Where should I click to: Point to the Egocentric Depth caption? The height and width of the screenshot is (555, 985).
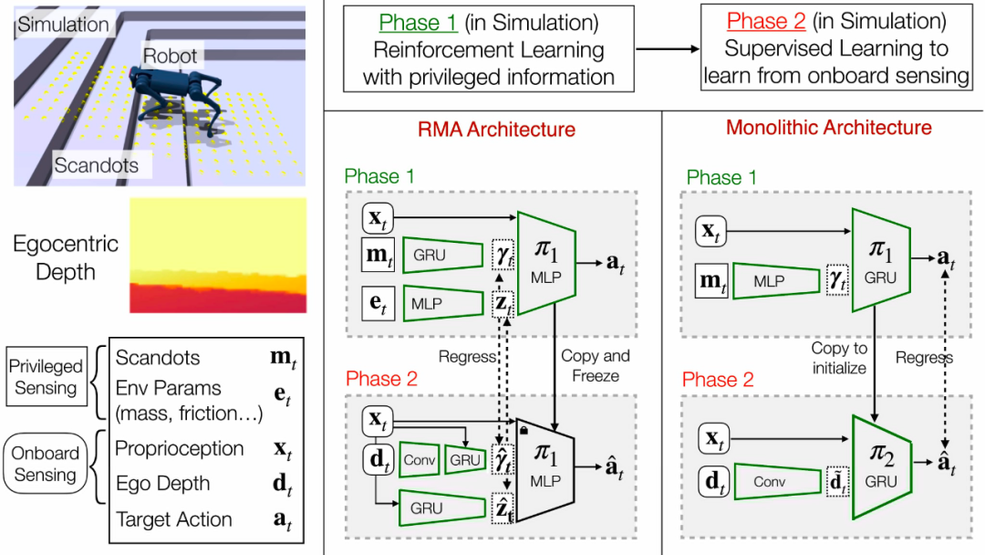pyautogui.click(x=66, y=257)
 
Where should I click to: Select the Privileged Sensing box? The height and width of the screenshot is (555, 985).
pyautogui.click(x=46, y=377)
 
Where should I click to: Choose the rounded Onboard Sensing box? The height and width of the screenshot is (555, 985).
pyautogui.click(x=45, y=464)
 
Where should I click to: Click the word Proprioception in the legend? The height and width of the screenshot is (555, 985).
pyautogui.click(x=180, y=449)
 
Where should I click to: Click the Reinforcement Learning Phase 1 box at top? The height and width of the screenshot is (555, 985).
pyautogui.click(x=488, y=48)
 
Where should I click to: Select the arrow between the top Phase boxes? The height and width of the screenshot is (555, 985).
pyautogui.click(x=667, y=48)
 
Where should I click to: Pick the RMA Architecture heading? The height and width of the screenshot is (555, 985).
pyautogui.click(x=496, y=130)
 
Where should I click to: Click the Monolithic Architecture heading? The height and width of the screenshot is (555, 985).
pyautogui.click(x=829, y=128)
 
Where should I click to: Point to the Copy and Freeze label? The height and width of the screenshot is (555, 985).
pyautogui.click(x=596, y=365)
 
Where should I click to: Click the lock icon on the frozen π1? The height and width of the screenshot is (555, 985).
pyautogui.click(x=522, y=427)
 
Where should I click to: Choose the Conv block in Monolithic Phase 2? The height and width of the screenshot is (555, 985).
pyautogui.click(x=774, y=479)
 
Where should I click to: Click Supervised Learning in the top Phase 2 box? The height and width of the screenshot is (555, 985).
pyautogui.click(x=836, y=48)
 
